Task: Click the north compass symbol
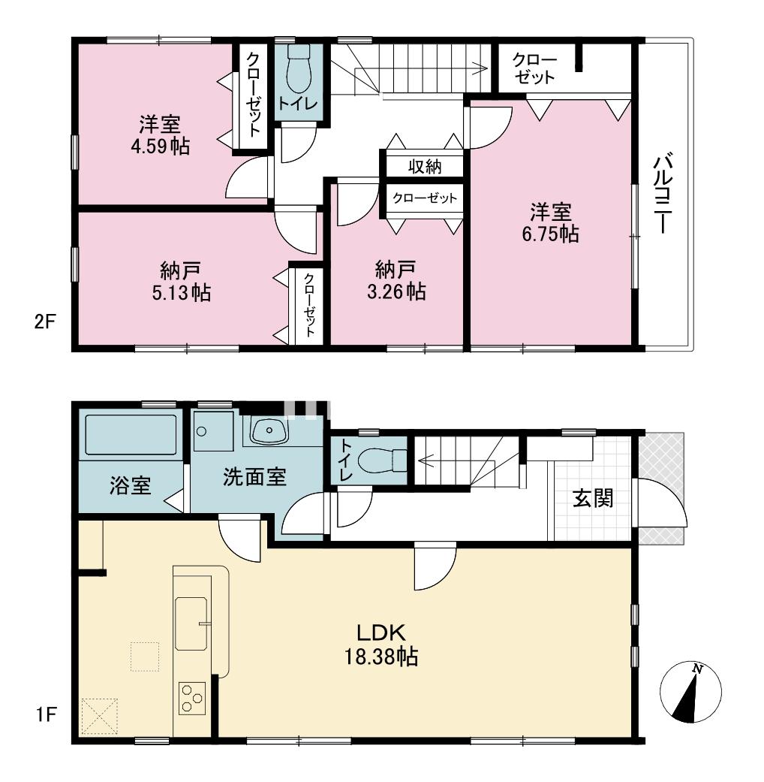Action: (690, 693)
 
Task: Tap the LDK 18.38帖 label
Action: (382, 645)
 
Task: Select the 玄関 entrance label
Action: (593, 498)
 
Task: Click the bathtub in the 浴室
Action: (131, 434)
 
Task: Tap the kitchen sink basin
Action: (191, 623)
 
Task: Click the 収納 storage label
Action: (425, 166)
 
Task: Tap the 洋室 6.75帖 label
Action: (550, 223)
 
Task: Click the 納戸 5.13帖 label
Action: (181, 281)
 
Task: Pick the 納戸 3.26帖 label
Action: (396, 281)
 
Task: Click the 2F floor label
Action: (44, 322)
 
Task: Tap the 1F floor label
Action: (45, 715)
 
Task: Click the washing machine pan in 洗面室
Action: (213, 430)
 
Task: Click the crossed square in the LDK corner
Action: (99, 717)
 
